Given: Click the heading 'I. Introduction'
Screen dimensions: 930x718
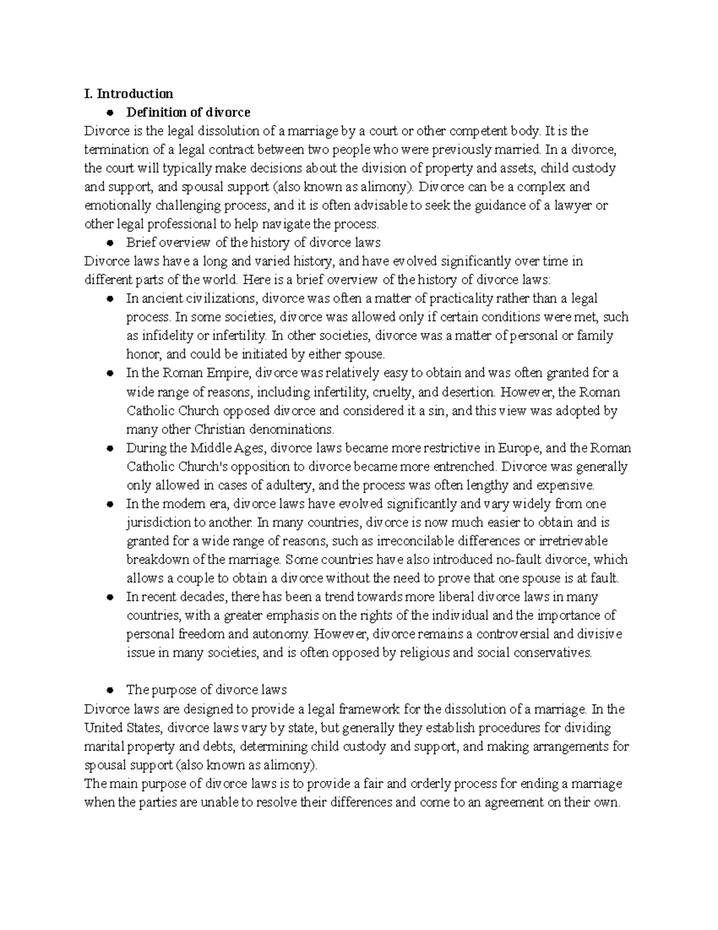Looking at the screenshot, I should click(129, 93).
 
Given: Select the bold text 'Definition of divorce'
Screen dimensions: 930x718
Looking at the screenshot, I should click(188, 112).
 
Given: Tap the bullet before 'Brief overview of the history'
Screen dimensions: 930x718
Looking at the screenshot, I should click(109, 243).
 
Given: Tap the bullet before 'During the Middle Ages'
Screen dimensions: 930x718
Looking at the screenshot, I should click(109, 449).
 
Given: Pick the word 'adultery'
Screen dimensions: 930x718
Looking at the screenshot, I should click(291, 485).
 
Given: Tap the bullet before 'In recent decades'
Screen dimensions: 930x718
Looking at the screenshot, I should click(109, 598).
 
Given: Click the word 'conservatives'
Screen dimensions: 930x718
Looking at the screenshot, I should click(550, 653).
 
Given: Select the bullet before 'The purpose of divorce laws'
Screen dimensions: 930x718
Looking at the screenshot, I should click(109, 690).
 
